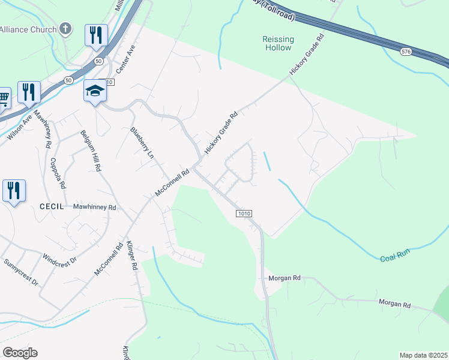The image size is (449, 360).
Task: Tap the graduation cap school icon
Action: [95, 91]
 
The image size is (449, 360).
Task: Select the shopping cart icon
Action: [3, 97]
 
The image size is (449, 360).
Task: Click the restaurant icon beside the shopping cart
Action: [29, 92]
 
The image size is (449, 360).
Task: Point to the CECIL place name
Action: [52, 206]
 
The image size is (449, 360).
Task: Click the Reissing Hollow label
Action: [278, 43]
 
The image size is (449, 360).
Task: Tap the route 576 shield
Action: [406, 52]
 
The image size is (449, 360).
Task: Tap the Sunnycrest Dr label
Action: [20, 272]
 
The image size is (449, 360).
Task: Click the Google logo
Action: [20, 353]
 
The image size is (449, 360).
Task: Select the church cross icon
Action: [65, 29]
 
